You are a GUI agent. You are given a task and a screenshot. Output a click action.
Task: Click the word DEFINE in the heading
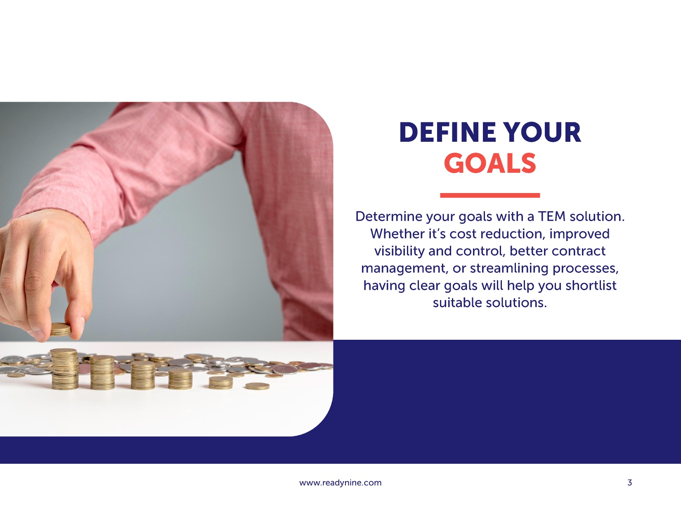click(448, 132)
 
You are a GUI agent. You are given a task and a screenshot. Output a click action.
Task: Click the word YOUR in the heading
click(542, 132)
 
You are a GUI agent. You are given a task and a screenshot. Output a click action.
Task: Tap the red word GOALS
click(490, 163)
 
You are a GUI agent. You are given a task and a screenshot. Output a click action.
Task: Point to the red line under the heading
click(490, 195)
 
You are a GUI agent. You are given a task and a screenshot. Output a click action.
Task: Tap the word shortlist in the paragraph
click(591, 286)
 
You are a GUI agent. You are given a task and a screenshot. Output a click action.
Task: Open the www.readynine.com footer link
click(340, 483)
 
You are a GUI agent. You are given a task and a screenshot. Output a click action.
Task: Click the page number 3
click(629, 482)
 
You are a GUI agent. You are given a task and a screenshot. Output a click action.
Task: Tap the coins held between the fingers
click(61, 329)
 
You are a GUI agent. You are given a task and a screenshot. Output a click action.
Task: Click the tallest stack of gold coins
click(64, 369)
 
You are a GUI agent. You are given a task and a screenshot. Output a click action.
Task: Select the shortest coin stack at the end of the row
click(257, 386)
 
